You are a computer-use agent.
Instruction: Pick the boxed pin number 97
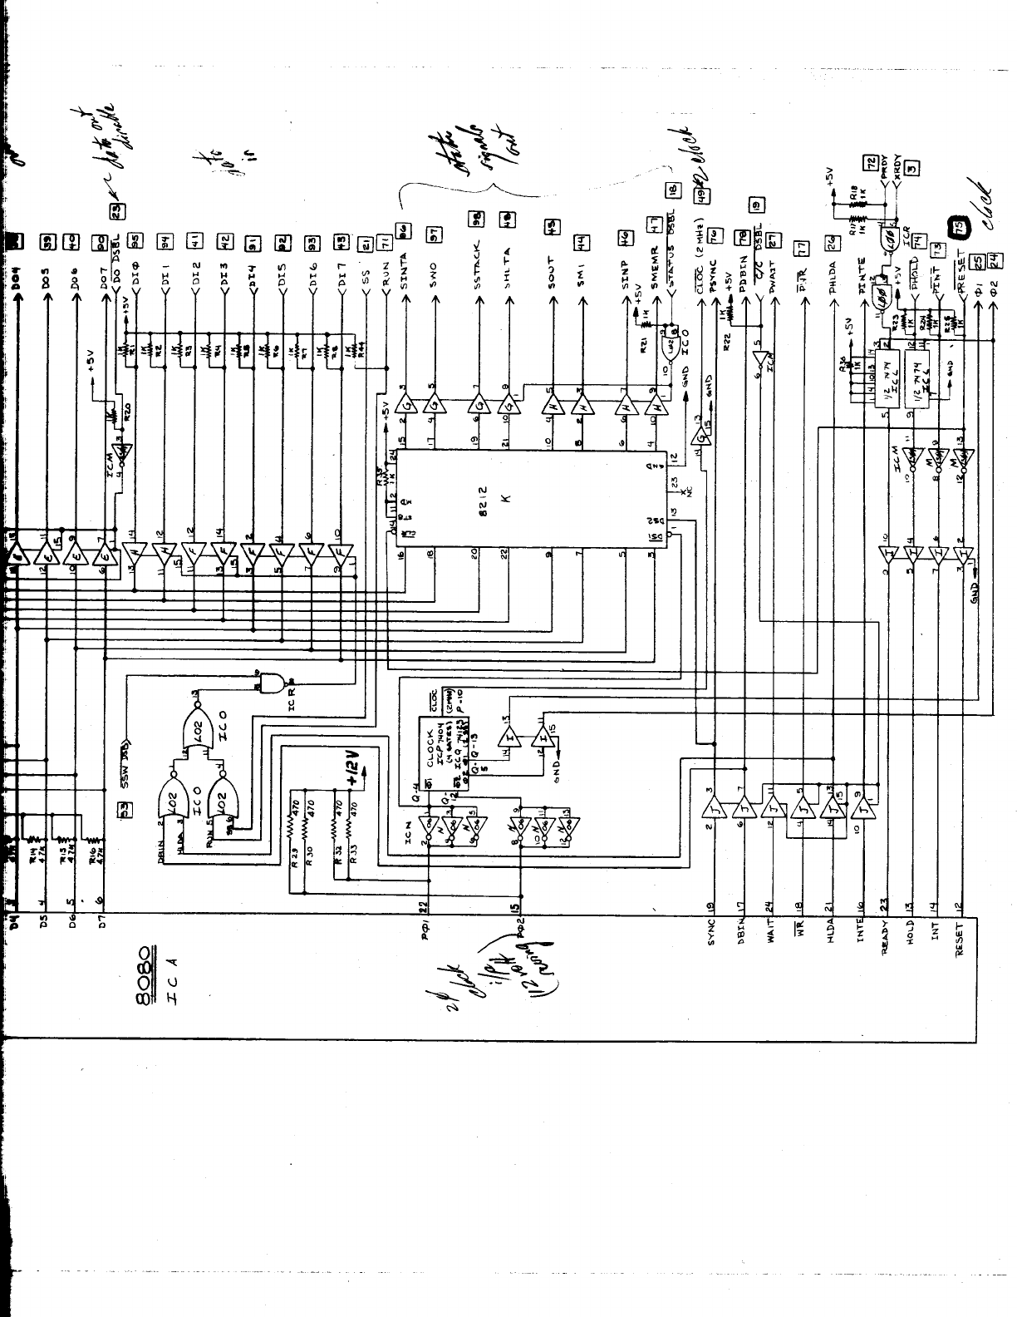pos(433,235)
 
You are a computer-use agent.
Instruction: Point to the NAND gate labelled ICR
pos(273,683)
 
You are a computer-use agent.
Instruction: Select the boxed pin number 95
pos(137,242)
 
